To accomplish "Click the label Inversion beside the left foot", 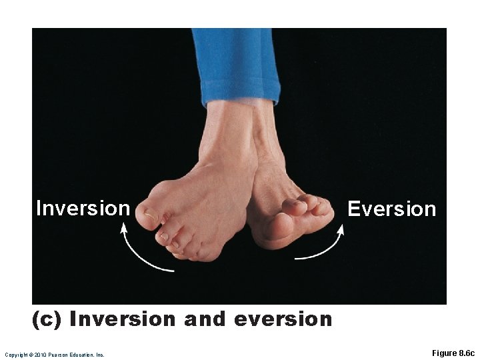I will tap(83, 209).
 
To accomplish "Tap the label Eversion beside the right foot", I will tap(392, 209).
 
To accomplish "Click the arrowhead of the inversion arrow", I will tap(123, 229).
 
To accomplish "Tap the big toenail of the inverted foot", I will tap(151, 215).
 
